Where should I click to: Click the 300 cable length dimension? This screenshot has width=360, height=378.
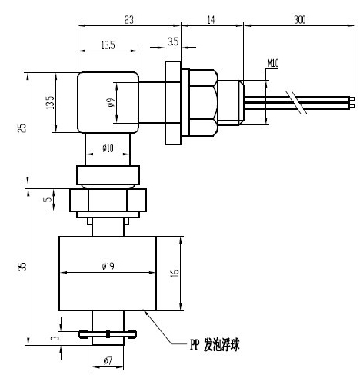point(299,20)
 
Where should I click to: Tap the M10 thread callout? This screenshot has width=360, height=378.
point(273,63)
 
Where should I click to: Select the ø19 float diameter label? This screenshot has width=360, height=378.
point(108,267)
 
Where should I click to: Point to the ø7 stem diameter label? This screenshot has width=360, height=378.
point(108,361)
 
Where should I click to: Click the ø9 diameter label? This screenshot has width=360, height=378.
point(111,102)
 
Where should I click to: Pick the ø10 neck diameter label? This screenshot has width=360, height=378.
point(108,148)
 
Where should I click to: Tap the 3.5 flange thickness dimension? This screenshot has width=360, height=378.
point(173,41)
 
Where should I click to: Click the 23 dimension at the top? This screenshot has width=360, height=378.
point(129,20)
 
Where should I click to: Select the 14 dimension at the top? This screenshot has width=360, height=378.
point(211,20)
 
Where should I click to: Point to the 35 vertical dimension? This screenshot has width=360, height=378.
point(23,267)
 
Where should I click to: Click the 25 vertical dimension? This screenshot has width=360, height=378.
point(22,128)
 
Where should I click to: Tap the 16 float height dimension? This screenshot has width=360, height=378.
point(175,273)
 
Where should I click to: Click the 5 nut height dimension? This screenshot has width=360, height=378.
point(48,199)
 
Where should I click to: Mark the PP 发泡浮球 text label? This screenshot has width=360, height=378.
point(215,345)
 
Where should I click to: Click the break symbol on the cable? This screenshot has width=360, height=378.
point(296,102)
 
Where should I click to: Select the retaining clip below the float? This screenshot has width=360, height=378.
point(108,334)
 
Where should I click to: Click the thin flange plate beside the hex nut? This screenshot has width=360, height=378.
point(173,103)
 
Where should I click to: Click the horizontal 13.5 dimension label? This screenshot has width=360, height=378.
point(108,45)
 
